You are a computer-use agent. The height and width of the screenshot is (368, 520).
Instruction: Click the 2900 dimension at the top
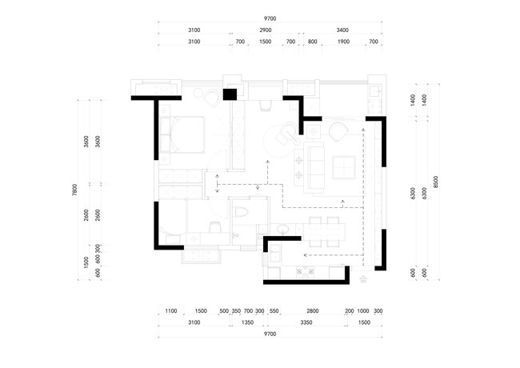point(266,30)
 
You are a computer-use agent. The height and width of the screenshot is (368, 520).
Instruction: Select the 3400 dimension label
point(342,30)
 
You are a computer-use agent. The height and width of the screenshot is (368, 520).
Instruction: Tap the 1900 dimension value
point(343,42)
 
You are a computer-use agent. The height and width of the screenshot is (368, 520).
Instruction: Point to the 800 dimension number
point(312,42)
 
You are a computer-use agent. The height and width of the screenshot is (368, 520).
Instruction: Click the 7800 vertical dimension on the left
point(74,190)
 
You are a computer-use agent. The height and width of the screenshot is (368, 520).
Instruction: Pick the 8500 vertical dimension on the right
point(436,182)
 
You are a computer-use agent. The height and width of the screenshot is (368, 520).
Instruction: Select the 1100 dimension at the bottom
point(170,311)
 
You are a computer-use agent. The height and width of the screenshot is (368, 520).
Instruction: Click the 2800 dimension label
point(312,311)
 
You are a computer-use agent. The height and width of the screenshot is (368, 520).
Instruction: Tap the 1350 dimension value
point(247,322)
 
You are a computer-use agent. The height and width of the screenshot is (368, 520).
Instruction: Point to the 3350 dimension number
point(306,322)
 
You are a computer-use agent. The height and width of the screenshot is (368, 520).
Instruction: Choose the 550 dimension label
point(274,311)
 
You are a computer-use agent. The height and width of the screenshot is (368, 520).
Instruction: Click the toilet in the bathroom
point(240,211)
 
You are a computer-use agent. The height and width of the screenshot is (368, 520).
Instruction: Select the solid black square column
point(230,94)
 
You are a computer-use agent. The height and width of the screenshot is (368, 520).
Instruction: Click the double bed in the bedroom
point(182,134)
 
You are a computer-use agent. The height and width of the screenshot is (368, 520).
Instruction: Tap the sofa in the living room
point(316,168)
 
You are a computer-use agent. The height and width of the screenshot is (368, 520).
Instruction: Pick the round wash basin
point(282,229)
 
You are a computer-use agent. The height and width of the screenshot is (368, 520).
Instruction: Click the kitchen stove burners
point(306,272)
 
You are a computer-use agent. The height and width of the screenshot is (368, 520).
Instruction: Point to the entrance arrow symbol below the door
point(363,279)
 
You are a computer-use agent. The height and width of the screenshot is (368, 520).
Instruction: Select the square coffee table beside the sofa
point(344,167)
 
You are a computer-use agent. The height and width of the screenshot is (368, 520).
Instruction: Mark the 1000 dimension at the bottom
point(363,311)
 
